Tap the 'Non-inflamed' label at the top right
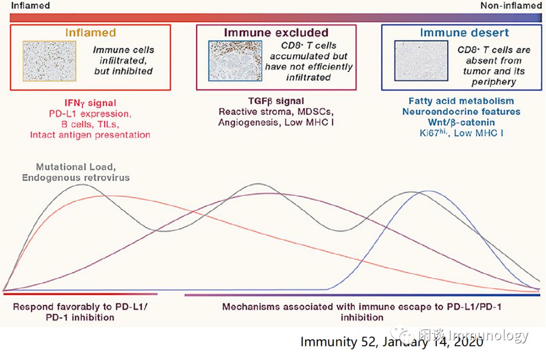[511, 6]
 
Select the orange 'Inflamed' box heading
[90, 33]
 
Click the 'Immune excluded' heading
[276, 33]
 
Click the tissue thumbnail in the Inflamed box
[49, 61]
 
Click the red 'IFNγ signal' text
[90, 103]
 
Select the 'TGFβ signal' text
[276, 101]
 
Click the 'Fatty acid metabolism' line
[461, 101]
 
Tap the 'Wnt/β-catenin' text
[461, 122]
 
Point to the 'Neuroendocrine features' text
[461, 111]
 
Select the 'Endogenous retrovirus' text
[76, 177]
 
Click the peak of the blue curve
[429, 191]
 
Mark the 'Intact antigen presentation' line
[90, 135]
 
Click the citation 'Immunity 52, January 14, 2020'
[392, 342]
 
